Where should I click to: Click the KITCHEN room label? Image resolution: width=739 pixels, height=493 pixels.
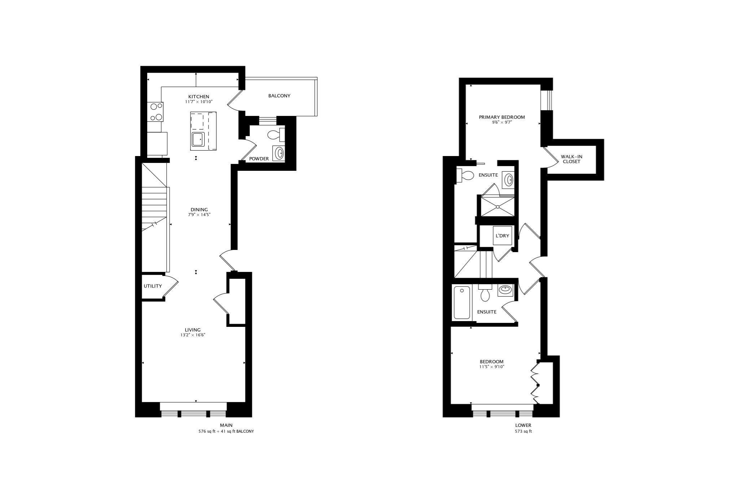point(198,96)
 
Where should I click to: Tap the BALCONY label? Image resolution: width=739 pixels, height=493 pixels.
point(279,96)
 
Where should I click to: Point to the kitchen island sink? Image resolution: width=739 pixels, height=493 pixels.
point(198,139)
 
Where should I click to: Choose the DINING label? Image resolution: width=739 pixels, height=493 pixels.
point(199,209)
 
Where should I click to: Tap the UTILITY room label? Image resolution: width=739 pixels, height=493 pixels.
point(153,286)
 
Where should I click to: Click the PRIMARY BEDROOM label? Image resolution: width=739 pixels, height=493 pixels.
point(502,117)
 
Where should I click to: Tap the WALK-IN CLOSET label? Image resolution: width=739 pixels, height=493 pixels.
point(571,159)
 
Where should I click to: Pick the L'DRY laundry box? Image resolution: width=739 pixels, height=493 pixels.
point(502,236)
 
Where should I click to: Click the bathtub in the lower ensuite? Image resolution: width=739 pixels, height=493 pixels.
point(462,302)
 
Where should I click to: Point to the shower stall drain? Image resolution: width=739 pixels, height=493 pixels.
point(497,207)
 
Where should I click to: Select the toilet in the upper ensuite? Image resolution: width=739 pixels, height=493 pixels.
point(466,176)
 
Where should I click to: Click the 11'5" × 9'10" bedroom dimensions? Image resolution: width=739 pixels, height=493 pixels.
point(491,367)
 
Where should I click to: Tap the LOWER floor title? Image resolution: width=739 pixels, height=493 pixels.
point(523,425)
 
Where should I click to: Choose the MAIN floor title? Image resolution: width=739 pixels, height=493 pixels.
point(226,425)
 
